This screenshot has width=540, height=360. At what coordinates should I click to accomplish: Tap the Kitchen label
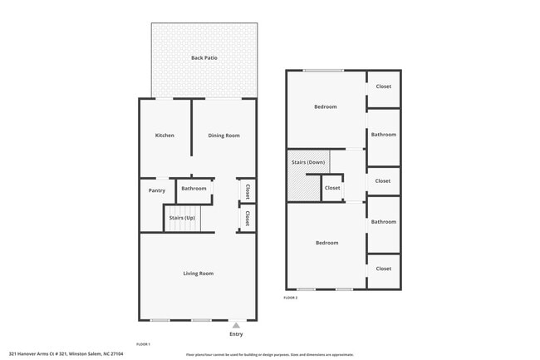(x=164, y=135)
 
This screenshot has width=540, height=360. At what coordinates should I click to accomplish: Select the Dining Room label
(x=223, y=135)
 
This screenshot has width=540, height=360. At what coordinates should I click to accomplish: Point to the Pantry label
(x=156, y=190)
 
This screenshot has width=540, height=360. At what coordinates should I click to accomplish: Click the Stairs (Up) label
(x=182, y=218)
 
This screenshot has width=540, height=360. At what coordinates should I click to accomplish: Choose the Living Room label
(x=199, y=274)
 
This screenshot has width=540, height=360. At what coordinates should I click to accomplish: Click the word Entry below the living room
(x=236, y=334)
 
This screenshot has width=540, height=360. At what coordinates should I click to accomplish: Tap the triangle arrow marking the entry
(x=236, y=325)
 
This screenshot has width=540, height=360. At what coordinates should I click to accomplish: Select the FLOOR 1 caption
(x=143, y=343)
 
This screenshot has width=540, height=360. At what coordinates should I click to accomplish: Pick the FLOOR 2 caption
(x=290, y=297)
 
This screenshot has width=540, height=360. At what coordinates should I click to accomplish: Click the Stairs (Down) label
(x=308, y=162)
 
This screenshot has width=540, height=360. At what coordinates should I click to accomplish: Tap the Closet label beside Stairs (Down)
(x=332, y=188)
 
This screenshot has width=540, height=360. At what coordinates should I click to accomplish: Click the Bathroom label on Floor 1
(x=194, y=189)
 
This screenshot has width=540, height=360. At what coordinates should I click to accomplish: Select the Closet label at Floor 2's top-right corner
(x=383, y=86)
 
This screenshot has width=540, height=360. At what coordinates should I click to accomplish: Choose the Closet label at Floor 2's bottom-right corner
(x=383, y=269)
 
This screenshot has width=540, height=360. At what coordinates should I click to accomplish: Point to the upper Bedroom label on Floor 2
(x=325, y=106)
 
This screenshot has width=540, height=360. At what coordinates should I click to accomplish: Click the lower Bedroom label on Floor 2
(x=326, y=243)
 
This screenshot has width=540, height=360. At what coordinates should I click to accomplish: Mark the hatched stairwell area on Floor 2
(x=303, y=186)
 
